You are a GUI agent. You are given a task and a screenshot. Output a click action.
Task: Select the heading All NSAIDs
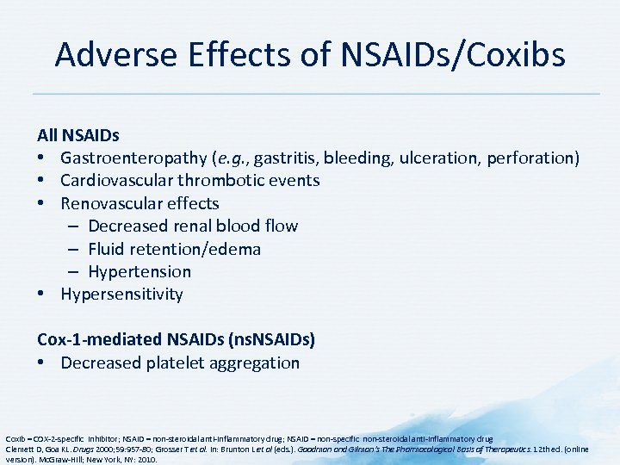pyautogui.click(x=78, y=135)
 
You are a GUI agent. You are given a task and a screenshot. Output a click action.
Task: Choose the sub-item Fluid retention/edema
pyautogui.click(x=174, y=249)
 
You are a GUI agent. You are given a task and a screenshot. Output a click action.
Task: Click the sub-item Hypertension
pyautogui.click(x=139, y=271)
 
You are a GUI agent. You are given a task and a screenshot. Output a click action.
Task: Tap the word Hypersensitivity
pyautogui.click(x=121, y=294)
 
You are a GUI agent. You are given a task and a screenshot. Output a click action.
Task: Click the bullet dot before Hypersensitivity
pyautogui.click(x=42, y=294)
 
